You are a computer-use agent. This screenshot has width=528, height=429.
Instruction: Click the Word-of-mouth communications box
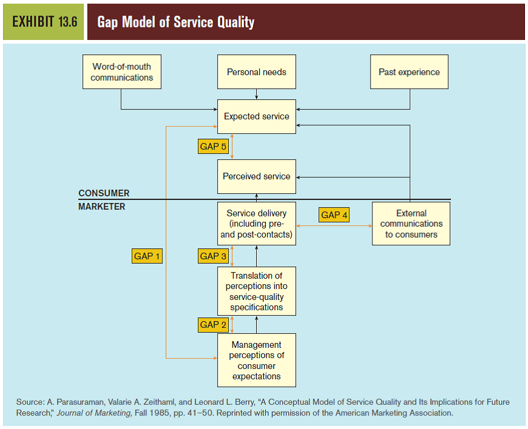click(122, 72)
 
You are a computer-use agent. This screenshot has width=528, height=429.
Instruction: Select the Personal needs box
click(257, 72)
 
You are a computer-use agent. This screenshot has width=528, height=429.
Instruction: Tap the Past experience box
click(409, 72)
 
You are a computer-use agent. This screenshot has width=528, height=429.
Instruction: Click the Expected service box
click(257, 116)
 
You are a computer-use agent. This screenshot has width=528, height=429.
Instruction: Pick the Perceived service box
click(257, 176)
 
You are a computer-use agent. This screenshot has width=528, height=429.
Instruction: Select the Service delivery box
click(257, 224)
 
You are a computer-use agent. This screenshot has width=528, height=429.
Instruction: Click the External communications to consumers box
click(411, 224)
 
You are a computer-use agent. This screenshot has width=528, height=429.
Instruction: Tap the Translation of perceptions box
click(257, 291)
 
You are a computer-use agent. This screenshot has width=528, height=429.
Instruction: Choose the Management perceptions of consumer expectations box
click(257, 360)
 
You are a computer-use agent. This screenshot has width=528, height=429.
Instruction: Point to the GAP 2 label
click(213, 325)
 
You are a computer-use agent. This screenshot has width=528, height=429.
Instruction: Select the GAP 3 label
click(213, 256)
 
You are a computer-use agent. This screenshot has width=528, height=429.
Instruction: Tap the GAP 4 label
click(334, 215)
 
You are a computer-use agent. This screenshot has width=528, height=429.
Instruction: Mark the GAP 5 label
click(213, 147)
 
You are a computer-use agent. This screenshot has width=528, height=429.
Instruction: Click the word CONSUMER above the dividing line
click(104, 193)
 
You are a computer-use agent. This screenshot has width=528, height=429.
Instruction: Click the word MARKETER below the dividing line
click(102, 207)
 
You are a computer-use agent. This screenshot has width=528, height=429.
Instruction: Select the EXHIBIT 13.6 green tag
click(44, 22)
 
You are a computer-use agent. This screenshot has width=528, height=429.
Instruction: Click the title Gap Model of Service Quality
click(176, 22)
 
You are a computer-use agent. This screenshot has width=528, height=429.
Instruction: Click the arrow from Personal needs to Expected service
click(257, 94)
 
